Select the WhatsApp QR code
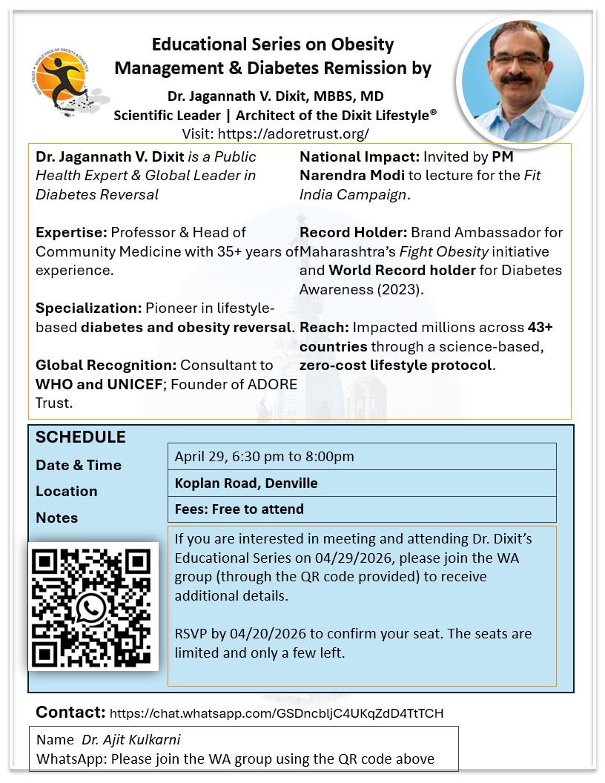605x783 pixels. coord(93,607)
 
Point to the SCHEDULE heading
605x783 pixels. coord(81,437)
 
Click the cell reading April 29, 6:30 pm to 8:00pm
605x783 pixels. coord(265,456)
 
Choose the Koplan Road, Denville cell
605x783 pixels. coord(246,483)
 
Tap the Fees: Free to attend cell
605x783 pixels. coord(239,509)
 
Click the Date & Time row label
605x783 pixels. coord(79,465)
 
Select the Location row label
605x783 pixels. coord(67,491)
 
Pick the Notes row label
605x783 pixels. coord(56,517)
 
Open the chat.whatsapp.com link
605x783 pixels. coord(277,713)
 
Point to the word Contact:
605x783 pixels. coord(70,713)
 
